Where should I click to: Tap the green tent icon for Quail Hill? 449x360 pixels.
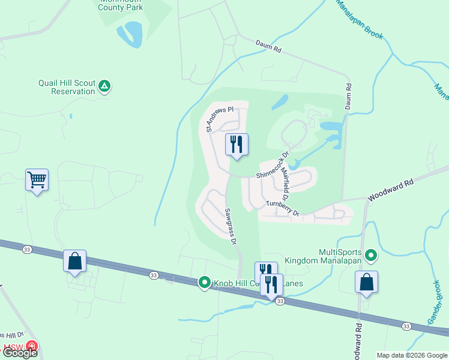point(104,86)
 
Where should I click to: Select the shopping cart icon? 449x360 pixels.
point(37,179)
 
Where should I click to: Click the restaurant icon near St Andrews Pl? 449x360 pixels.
point(237,144)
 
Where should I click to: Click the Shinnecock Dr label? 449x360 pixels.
point(273,164)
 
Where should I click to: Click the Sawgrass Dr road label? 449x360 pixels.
point(231,226)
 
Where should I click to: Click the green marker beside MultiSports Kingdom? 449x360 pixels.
point(371,257)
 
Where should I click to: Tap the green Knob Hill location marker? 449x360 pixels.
point(204,282)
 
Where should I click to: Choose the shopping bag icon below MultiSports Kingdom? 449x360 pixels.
point(366,282)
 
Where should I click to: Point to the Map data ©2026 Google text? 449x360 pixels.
point(411,355)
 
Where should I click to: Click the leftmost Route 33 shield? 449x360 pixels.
point(27,248)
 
